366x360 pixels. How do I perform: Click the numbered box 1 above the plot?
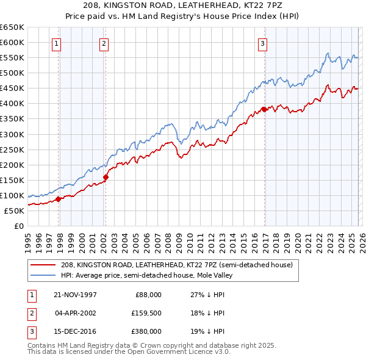(56, 43)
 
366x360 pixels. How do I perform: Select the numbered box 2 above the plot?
(104, 43)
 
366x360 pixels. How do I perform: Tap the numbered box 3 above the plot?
(262, 43)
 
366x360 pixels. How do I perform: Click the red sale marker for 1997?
(59, 198)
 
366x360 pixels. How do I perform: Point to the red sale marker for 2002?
(106, 178)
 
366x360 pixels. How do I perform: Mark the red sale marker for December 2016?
(264, 109)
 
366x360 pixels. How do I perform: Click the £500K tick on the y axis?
(12, 73)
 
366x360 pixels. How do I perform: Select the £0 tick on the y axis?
(18, 226)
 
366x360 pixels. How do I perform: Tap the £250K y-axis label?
(12, 149)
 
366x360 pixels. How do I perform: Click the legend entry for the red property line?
(177, 265)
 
